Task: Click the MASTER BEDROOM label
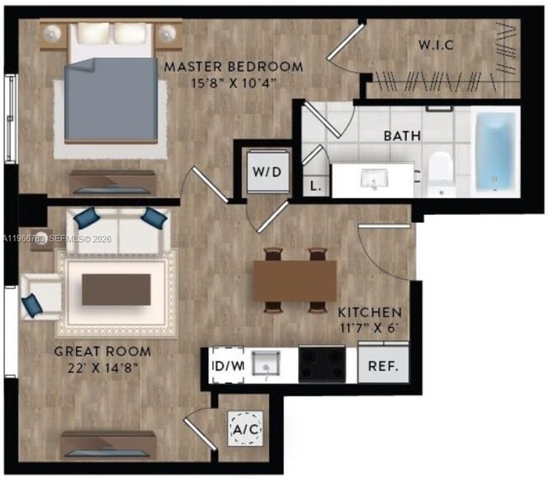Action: [x=234, y=66]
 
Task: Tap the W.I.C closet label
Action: [x=437, y=45]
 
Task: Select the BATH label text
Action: [x=402, y=135]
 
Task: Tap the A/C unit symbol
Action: [x=246, y=430]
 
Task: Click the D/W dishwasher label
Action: [x=227, y=367]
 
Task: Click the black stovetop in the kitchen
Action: [x=321, y=364]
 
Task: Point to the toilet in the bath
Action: [x=441, y=172]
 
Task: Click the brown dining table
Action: [x=295, y=279]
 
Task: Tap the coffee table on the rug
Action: [x=116, y=289]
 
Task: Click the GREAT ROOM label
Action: [x=103, y=352]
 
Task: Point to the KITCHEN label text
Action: [x=370, y=311]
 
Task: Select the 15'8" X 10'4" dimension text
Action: [x=234, y=83]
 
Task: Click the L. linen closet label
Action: [x=315, y=186]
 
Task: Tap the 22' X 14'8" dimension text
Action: [x=103, y=368]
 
